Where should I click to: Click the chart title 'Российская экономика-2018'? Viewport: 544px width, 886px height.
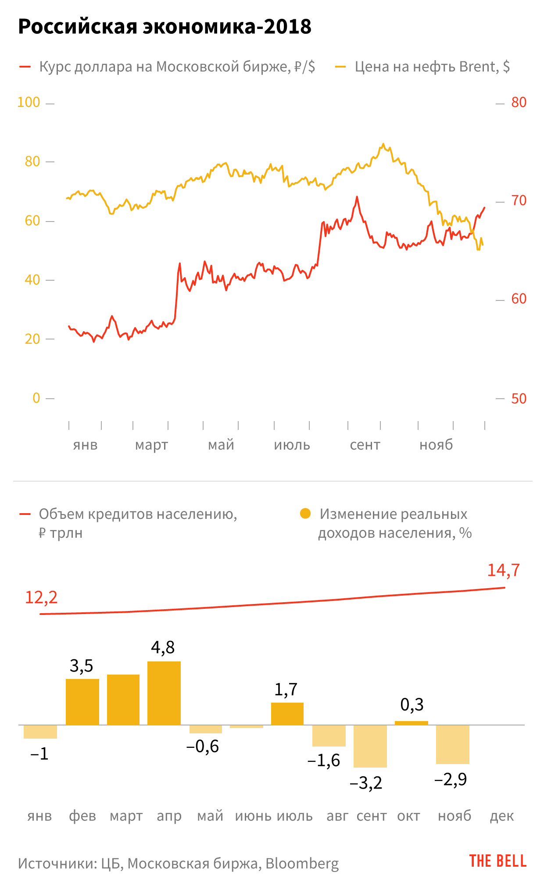click(165, 27)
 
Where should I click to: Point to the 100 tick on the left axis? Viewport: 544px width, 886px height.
click(29, 103)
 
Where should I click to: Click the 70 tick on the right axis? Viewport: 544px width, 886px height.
click(519, 201)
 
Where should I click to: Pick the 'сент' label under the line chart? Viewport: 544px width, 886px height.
click(365, 445)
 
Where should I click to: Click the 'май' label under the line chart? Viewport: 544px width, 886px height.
click(221, 445)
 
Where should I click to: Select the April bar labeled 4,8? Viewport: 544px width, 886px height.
click(164, 693)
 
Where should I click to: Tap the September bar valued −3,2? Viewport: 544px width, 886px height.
click(370, 746)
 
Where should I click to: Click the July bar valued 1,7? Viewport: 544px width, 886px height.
click(287, 714)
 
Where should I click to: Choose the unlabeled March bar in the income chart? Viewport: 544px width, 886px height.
click(123, 699)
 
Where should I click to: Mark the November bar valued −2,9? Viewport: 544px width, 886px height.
click(452, 744)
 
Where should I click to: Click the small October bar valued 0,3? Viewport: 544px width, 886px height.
click(411, 723)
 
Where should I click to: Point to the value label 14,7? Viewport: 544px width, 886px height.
click(503, 570)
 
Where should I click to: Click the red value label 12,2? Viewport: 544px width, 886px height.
click(41, 597)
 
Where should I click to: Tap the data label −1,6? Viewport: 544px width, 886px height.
click(324, 761)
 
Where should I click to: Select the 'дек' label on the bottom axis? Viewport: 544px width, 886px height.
click(501, 816)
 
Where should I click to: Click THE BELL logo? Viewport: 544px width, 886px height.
click(497, 861)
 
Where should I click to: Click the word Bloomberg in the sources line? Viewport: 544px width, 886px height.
click(302, 863)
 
